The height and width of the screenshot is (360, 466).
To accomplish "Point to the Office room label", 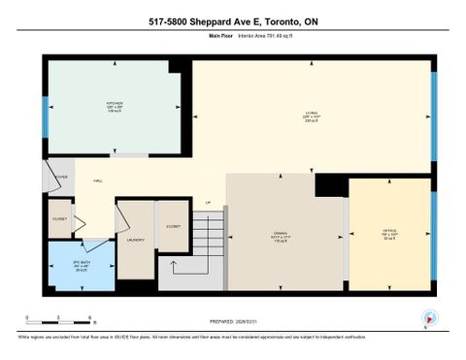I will [x=389, y=234].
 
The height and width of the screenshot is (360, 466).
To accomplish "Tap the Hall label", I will [x=98, y=180].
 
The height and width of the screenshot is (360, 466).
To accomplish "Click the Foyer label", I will [x=61, y=177].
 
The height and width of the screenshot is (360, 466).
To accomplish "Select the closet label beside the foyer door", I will [x=60, y=218].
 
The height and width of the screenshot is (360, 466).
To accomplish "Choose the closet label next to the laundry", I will [x=174, y=225].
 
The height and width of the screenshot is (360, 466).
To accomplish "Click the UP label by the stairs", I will [x=208, y=203].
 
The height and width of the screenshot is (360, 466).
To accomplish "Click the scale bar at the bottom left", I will [x=59, y=321].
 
